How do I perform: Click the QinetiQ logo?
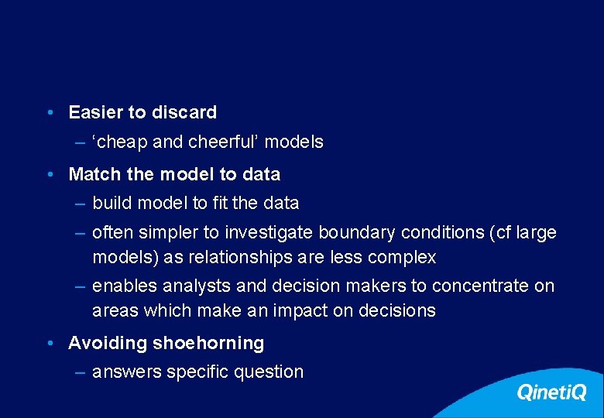click(551, 392)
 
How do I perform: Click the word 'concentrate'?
click(481, 286)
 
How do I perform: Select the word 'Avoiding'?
click(107, 343)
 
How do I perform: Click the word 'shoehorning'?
click(208, 343)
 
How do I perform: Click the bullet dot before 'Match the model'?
click(50, 174)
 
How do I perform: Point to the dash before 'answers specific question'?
click(81, 372)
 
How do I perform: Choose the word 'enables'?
click(124, 286)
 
